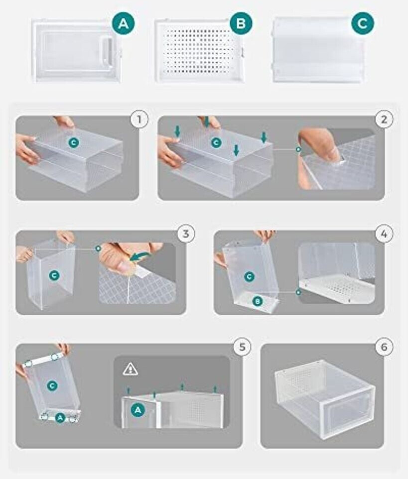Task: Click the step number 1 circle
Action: [x=139, y=119]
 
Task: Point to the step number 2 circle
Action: [x=384, y=119]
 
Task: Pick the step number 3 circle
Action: [x=186, y=234]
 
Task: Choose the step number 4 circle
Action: [x=384, y=234]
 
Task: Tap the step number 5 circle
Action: [x=242, y=347]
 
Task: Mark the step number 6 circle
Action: [x=384, y=347]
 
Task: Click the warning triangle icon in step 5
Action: [x=130, y=369]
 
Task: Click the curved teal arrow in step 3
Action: [x=139, y=256]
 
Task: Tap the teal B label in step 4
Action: [x=258, y=302]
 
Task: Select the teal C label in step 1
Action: [x=73, y=142]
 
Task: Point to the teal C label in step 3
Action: [x=54, y=275]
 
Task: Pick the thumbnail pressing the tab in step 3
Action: [x=125, y=267]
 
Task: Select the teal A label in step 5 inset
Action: [x=138, y=410]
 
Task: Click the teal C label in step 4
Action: [x=250, y=277]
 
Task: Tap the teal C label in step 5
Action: [x=52, y=385]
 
